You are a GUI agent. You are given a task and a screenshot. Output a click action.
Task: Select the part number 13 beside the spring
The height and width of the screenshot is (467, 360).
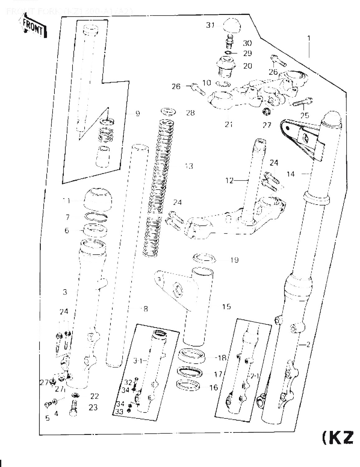189,166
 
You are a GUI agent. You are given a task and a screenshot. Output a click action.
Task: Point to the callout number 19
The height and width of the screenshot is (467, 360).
234,260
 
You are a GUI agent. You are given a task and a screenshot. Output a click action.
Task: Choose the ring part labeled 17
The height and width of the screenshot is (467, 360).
189,372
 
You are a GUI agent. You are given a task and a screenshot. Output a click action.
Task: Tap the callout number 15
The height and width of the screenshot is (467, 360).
227,307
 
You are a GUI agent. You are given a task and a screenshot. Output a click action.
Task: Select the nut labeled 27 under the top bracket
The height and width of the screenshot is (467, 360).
266,111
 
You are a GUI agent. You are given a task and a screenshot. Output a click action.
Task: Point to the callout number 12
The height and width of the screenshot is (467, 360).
229,180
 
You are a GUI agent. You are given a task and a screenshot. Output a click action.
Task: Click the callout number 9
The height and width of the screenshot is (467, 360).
138,114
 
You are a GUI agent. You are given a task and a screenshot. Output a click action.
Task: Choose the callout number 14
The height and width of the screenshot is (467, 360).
290,174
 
